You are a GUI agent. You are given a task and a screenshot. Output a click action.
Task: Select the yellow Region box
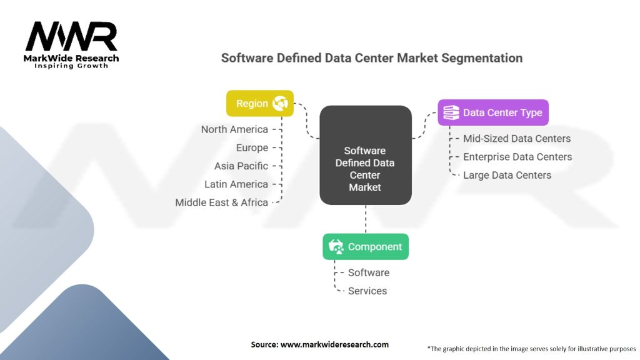pyautogui.click(x=259, y=104)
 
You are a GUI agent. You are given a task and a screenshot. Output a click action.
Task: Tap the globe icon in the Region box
pyautogui.click(x=280, y=104)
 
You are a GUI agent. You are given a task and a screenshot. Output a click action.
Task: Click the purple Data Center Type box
pyautogui.click(x=492, y=113)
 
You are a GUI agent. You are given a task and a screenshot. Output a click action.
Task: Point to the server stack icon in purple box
pyautogui.click(x=451, y=113)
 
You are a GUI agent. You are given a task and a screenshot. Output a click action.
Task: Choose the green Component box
pyautogui.click(x=366, y=247)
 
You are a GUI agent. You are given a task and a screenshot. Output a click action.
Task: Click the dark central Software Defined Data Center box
pyautogui.click(x=365, y=156)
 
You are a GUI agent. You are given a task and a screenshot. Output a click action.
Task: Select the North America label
pyautogui.click(x=234, y=129)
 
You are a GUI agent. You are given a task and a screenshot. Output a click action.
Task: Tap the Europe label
pyautogui.click(x=252, y=147)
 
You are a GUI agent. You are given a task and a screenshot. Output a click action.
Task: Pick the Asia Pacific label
pyautogui.click(x=241, y=166)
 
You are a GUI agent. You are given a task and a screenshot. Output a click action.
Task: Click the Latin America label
pyautogui.click(x=236, y=184)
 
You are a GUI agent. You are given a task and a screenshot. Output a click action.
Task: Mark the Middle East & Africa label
pyautogui.click(x=221, y=202)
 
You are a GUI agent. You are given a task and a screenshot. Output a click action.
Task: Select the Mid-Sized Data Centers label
pyautogui.click(x=517, y=138)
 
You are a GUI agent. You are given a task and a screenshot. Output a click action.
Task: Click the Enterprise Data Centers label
pyautogui.click(x=517, y=157)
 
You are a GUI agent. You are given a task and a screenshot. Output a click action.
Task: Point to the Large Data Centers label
pyautogui.click(x=507, y=175)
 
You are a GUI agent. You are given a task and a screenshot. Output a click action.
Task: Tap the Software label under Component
pyautogui.click(x=368, y=272)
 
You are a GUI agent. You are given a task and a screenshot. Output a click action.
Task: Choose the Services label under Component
pyautogui.click(x=367, y=291)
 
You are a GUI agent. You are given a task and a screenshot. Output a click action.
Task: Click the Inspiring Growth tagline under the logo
pyautogui.click(x=71, y=66)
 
